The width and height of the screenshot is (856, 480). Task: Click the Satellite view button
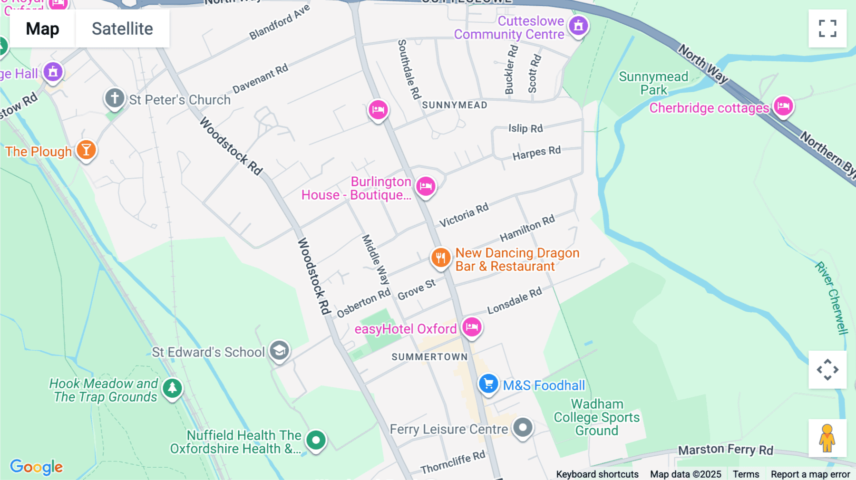point(122,29)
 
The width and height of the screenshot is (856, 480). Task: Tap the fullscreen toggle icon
point(827,29)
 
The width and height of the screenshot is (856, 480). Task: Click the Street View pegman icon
point(827,438)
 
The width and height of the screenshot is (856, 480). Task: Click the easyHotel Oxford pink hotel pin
point(472,327)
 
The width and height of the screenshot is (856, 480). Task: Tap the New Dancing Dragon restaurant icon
point(441,258)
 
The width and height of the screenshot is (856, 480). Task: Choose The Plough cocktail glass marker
point(86,150)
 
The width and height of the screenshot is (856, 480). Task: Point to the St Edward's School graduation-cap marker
point(280,351)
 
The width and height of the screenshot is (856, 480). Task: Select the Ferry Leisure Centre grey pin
point(523,428)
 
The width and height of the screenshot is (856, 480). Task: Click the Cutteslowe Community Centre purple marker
point(578,26)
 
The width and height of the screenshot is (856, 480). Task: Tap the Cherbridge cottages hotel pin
point(783,106)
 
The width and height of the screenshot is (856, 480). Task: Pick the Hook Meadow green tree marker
point(172,388)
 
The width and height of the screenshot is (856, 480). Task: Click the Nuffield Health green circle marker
point(316,440)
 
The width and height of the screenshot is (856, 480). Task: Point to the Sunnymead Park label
point(653,83)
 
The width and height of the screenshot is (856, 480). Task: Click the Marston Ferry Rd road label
point(725,450)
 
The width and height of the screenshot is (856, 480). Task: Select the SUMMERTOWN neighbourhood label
point(429,357)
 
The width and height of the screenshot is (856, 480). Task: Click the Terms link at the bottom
point(746,474)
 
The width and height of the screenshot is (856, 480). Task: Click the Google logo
point(36,467)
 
